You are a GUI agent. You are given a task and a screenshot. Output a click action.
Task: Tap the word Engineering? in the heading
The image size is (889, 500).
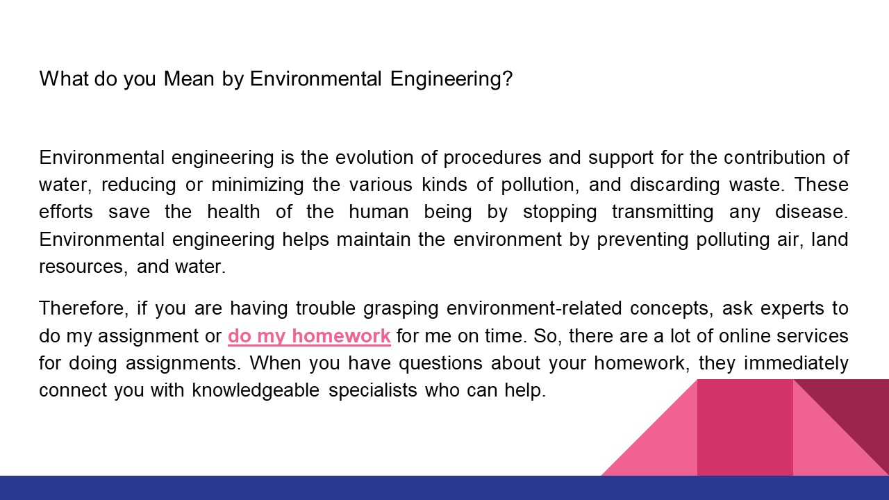click(451, 79)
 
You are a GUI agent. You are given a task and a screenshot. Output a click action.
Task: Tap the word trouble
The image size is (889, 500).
click(324, 308)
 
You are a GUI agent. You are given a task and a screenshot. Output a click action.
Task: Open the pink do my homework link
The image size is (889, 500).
click(309, 336)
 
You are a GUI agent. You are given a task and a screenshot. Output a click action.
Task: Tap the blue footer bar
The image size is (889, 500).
click(444, 487)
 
